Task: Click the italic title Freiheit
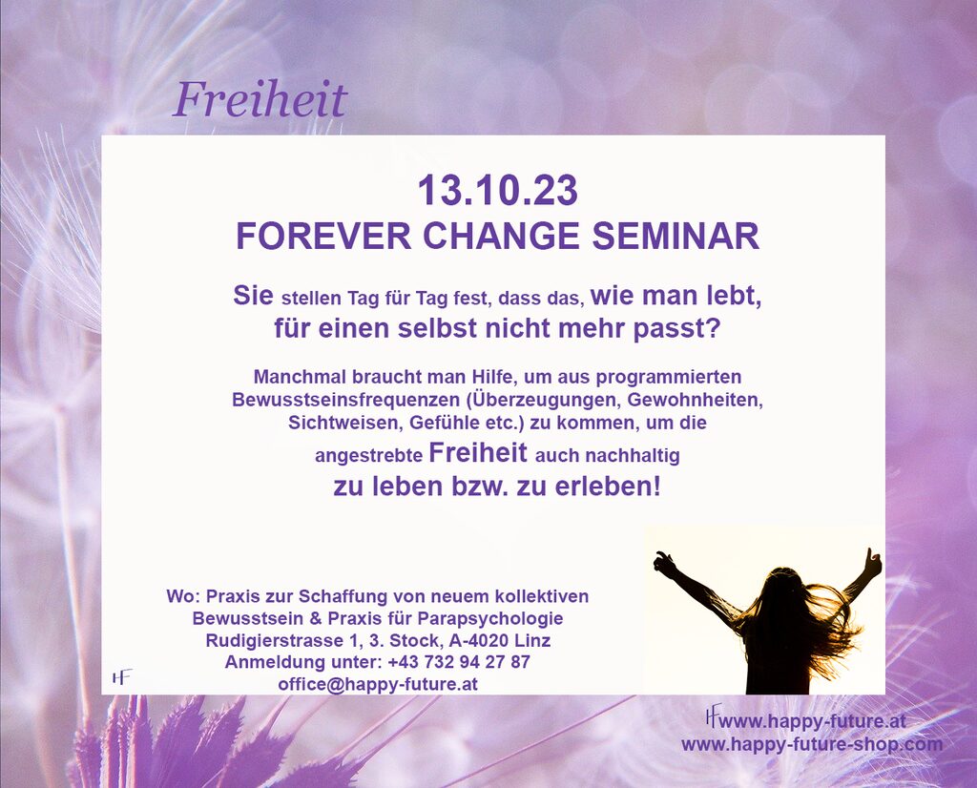pos(260,99)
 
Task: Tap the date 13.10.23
pos(497,190)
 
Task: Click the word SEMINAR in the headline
pos(676,236)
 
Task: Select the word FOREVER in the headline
pos(323,236)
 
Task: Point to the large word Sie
pos(253,296)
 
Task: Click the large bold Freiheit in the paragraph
pos(478,453)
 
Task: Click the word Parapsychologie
pos(489,619)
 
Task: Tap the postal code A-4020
pos(471,640)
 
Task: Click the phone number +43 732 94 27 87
pos(459,661)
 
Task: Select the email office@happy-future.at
pos(378,684)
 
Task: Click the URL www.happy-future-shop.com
pos(812,744)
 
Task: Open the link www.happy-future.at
pos(812,721)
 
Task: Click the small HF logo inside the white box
pos(122,677)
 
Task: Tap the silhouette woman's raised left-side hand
pos(665,564)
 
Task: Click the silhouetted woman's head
pos(786,586)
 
